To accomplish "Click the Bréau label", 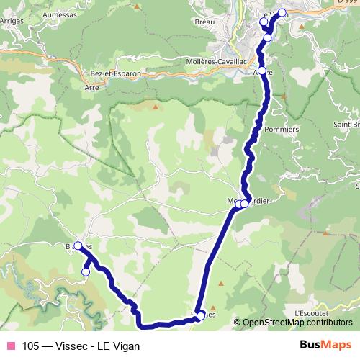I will pos(204,23).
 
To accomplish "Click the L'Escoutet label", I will pos(312,314).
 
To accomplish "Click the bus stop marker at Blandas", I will pos(78,246).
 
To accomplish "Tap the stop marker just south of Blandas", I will pos(86,271).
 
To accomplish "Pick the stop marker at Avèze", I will pos(262,71).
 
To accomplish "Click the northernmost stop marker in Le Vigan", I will pos(282,12).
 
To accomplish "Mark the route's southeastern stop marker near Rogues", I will pos(200,315).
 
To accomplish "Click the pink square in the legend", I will pos(10,346).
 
